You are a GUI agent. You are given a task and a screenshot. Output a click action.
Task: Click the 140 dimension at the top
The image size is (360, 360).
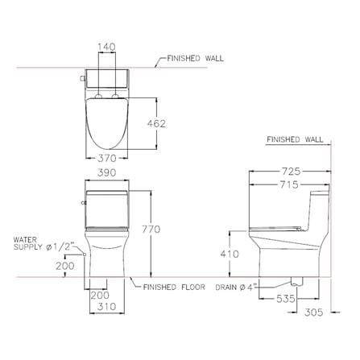pos(106,47)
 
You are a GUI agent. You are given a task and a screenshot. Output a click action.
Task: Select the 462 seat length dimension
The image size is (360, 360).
pos(156,124)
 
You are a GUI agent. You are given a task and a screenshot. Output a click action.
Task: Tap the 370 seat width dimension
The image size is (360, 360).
pos(107,158)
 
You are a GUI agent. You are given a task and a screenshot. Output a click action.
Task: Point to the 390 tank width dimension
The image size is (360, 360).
pos(107,172)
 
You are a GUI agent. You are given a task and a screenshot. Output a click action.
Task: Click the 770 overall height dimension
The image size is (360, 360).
pos(151,230)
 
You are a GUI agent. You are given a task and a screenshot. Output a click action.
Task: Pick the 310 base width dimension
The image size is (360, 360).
pos(107,306)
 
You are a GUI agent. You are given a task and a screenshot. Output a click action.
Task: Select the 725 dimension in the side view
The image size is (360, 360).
pos(291,171)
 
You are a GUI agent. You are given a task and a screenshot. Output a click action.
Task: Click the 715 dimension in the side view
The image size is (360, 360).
pos(289,184)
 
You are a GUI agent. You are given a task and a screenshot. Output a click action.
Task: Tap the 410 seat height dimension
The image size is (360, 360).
pos(230,254)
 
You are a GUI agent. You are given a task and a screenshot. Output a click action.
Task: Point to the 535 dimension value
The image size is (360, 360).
pos(286,298)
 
